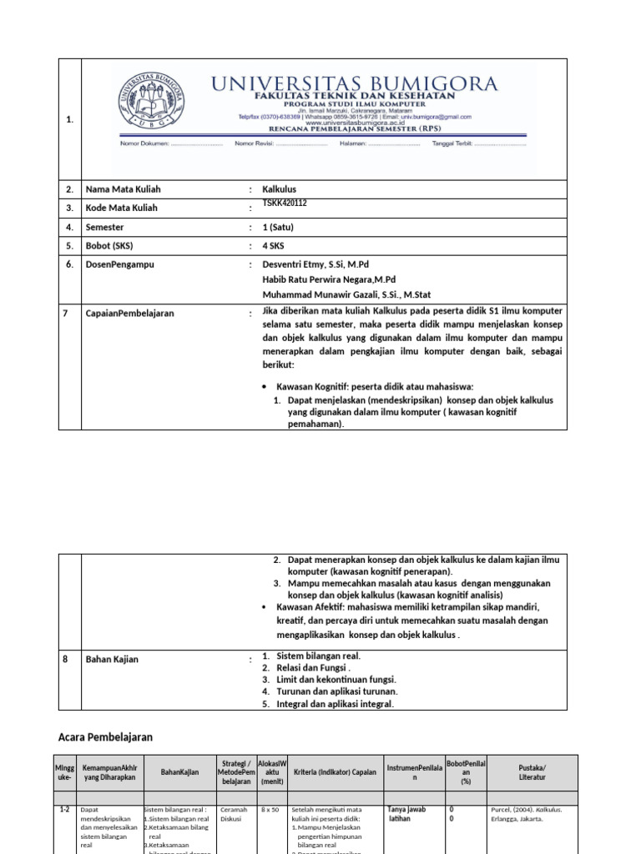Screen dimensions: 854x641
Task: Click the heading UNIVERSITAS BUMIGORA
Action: (x=355, y=83)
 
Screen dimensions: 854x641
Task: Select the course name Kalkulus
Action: (x=279, y=189)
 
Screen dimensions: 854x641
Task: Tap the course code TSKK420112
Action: (x=285, y=203)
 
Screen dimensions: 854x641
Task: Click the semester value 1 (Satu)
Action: (x=278, y=228)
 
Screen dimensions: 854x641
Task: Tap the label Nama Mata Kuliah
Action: (x=122, y=189)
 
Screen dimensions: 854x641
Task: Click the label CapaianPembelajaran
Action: (x=129, y=314)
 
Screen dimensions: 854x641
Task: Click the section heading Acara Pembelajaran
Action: (x=105, y=737)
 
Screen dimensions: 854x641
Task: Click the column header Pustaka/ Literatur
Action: (x=532, y=772)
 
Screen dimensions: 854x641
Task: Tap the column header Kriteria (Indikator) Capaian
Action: (x=335, y=772)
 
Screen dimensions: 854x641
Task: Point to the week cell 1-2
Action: (x=64, y=809)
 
